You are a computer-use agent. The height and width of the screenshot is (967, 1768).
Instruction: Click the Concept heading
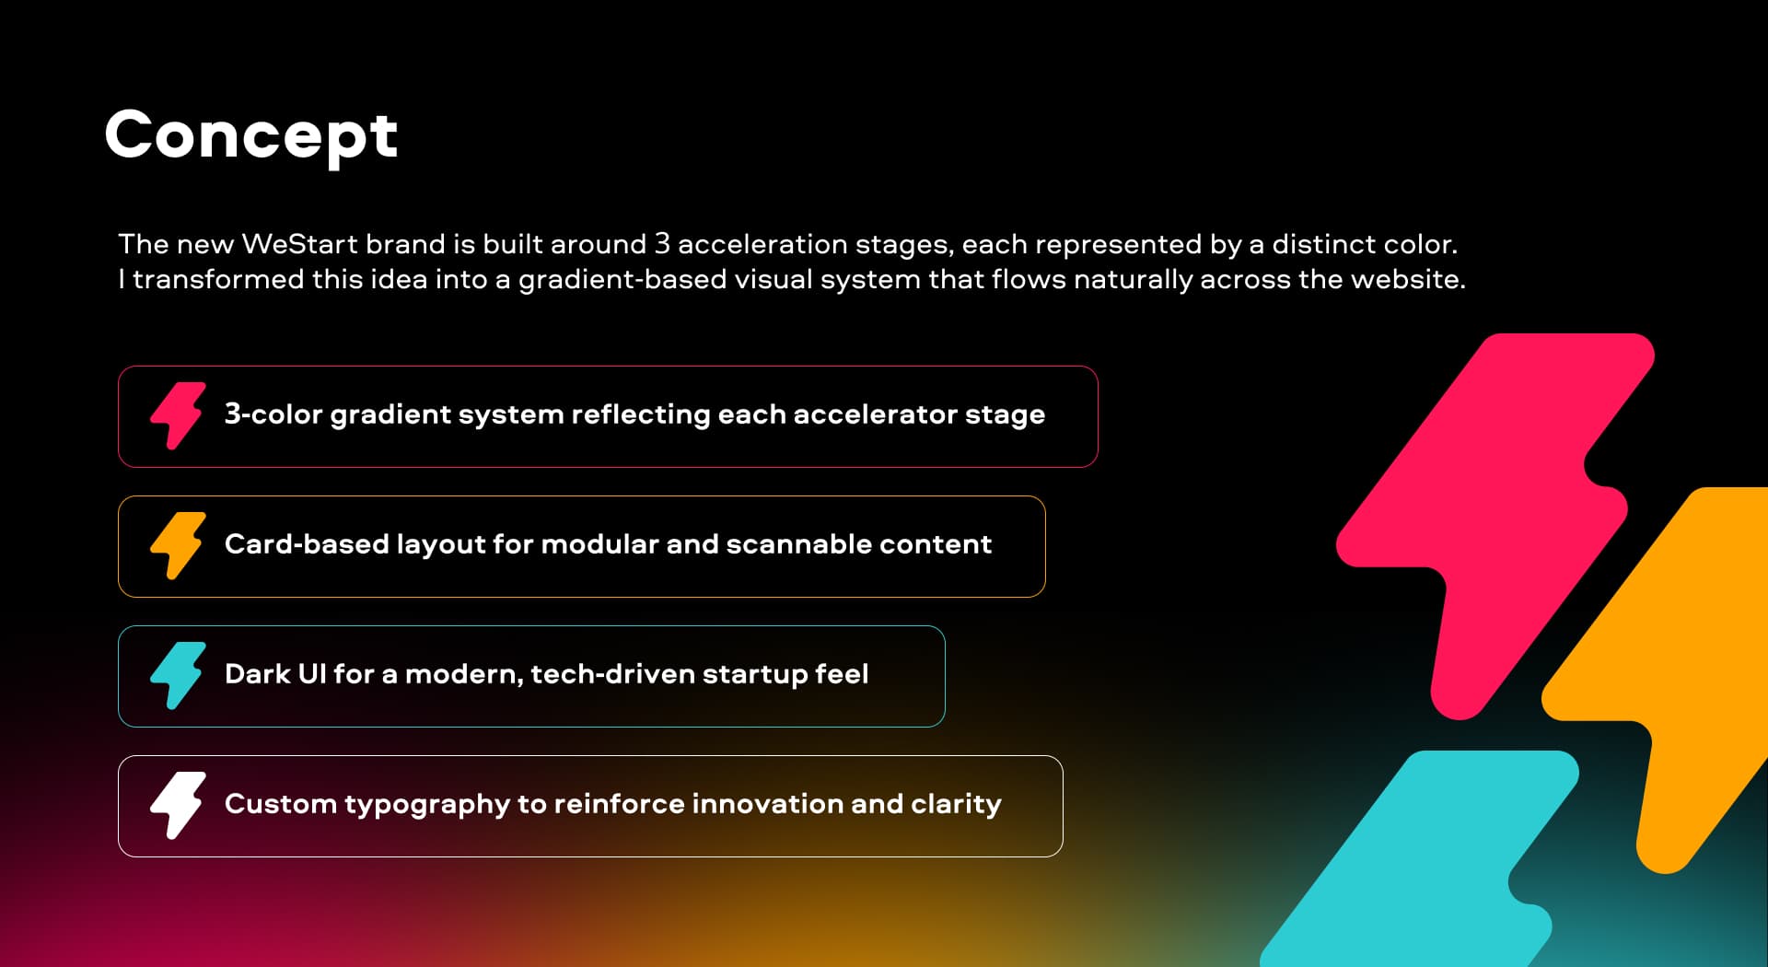click(251, 135)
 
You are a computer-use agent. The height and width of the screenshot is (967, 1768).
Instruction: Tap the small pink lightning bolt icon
click(178, 415)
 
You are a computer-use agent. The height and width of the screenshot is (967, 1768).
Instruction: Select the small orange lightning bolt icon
click(178, 545)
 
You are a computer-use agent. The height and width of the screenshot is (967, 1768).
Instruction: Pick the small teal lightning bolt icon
click(178, 675)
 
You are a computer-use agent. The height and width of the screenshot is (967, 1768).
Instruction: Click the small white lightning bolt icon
click(178, 805)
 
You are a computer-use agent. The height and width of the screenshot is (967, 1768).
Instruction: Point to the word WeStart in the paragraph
click(299, 244)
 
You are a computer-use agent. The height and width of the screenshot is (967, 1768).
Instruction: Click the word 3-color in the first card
click(273, 414)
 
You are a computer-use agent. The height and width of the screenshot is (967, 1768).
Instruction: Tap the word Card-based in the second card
click(307, 544)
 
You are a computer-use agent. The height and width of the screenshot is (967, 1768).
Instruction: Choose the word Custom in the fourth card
click(280, 804)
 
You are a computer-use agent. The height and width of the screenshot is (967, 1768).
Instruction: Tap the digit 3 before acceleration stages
click(662, 244)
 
